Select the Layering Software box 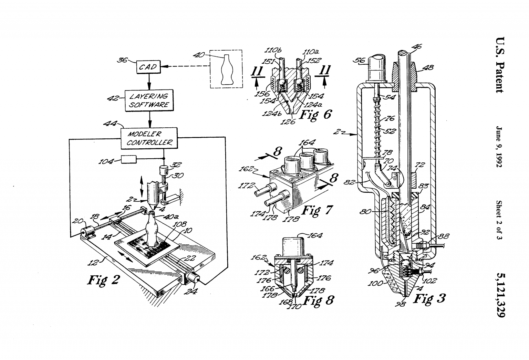pos(149,100)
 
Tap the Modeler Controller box pos(149,138)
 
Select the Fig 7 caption pos(317,210)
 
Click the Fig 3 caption pos(429,298)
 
